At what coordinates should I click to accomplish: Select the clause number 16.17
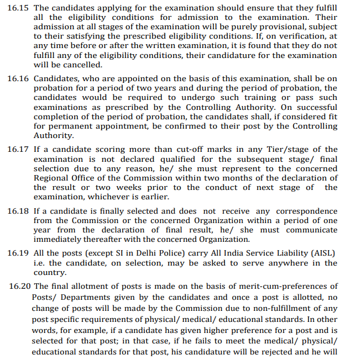point(18,150)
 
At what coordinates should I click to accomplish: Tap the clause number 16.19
point(18,253)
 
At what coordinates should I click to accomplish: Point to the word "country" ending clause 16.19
point(49,273)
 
